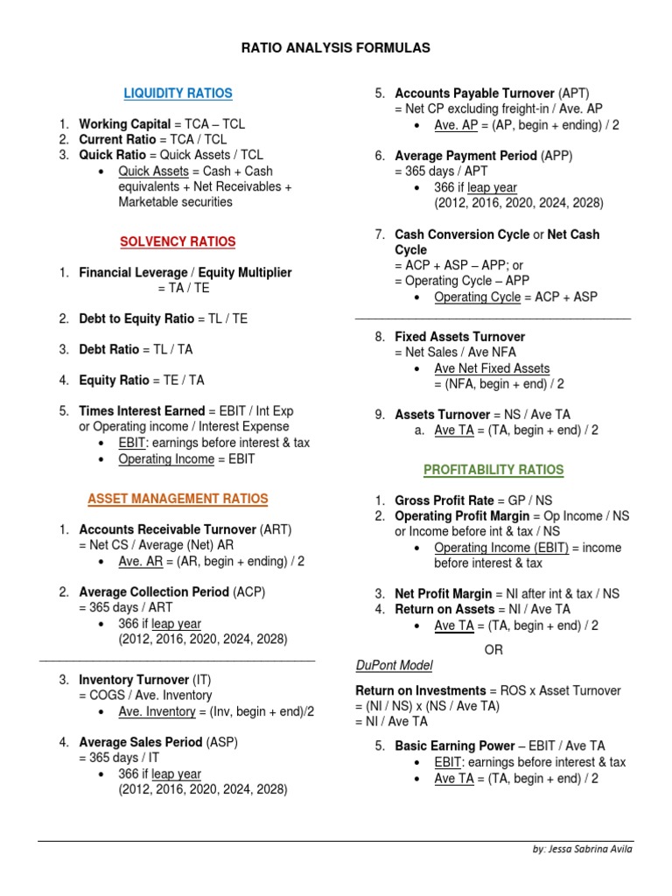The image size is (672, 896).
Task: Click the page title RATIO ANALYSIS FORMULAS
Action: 336,48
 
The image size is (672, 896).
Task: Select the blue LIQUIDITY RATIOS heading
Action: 178,94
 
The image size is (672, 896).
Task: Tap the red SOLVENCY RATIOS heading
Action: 178,241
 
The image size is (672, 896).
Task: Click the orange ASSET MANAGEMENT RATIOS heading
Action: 178,499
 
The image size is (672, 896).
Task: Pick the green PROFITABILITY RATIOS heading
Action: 493,470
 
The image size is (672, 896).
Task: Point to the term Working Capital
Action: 124,124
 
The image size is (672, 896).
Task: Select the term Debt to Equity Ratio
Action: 136,318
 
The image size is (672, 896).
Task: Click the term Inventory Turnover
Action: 134,680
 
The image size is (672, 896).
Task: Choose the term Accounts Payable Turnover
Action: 474,94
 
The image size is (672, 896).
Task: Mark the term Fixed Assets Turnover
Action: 459,337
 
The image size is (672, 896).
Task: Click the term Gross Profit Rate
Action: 444,500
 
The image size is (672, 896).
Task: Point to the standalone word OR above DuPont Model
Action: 493,650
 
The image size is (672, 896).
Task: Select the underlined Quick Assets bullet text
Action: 153,171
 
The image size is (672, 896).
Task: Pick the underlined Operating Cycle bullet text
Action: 477,297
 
